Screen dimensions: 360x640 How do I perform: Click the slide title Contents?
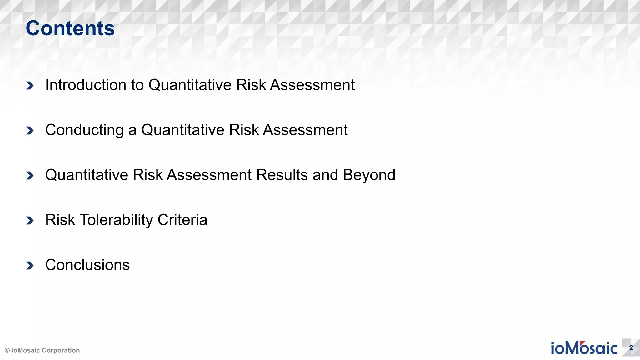click(x=70, y=28)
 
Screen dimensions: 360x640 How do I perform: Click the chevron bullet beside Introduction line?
click(x=30, y=85)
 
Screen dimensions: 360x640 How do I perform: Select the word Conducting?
click(x=84, y=130)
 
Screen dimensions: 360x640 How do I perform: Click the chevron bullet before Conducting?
click(x=30, y=130)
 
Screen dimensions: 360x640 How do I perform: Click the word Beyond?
click(x=369, y=175)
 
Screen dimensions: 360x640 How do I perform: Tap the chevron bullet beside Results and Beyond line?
click(x=30, y=175)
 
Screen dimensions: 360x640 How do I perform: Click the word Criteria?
click(x=182, y=220)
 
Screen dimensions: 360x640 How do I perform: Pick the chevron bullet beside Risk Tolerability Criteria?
click(x=30, y=220)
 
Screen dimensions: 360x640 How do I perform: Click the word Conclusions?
click(x=87, y=265)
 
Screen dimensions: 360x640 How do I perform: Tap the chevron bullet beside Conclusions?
click(x=30, y=265)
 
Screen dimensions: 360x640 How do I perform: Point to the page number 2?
click(x=631, y=348)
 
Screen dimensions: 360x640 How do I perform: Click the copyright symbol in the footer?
click(x=7, y=351)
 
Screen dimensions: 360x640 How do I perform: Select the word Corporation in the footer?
click(x=61, y=351)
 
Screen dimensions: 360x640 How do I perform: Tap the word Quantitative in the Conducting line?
click(x=182, y=130)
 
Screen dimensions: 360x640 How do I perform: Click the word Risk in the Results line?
click(x=147, y=175)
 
